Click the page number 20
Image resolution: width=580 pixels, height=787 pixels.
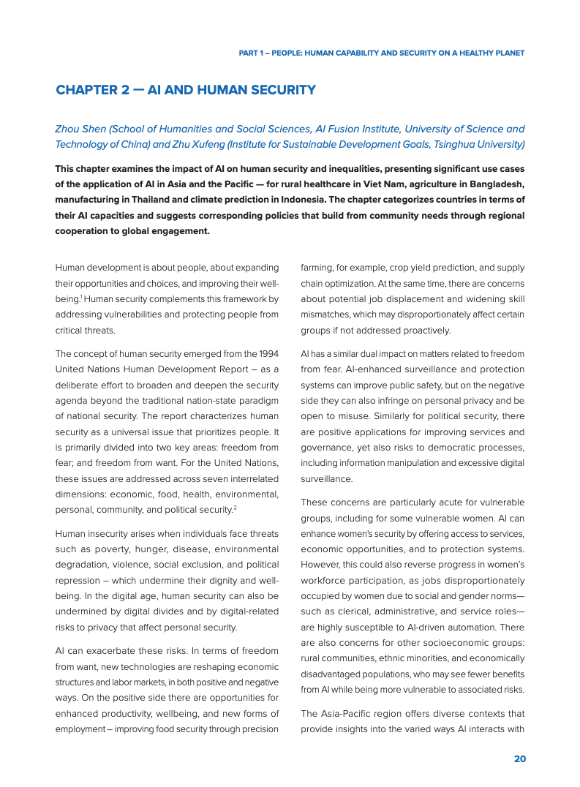click(x=519, y=759)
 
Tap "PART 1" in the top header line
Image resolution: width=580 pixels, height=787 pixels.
click(x=253, y=53)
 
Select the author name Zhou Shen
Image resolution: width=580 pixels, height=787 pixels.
click(x=80, y=129)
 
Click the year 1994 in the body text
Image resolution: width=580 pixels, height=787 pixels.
click(x=266, y=354)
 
